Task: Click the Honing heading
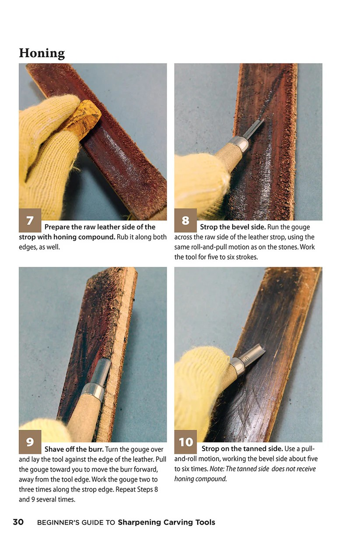pos(42,53)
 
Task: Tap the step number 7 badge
pos(30,220)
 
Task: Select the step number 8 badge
pos(185,220)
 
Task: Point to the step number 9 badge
pos(30,442)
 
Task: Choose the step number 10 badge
pos(185,442)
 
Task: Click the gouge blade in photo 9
pos(101,371)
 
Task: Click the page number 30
pos(18,522)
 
